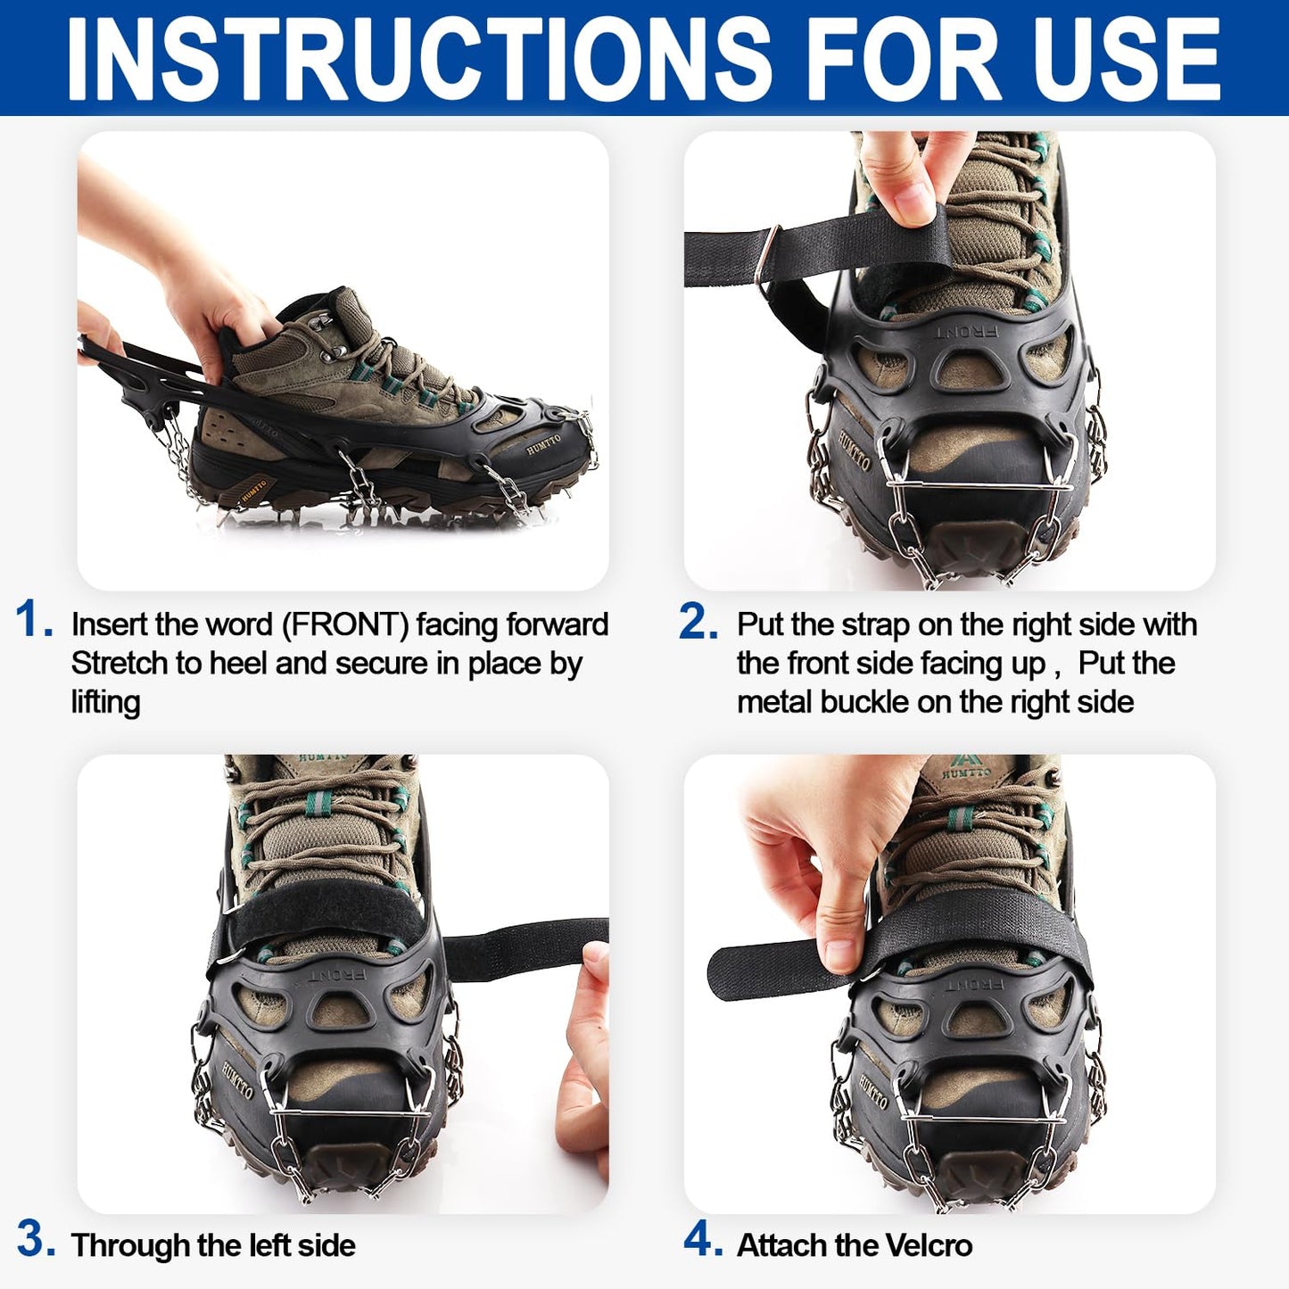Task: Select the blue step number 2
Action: [698, 621]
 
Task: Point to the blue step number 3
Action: [36, 1240]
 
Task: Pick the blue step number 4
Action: [702, 1240]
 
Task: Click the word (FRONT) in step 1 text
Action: [345, 624]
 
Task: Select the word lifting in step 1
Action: [105, 703]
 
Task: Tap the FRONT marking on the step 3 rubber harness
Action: [339, 974]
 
